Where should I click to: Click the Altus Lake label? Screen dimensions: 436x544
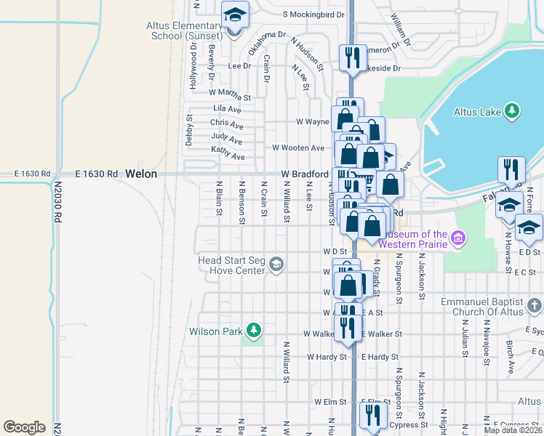tap(477, 111)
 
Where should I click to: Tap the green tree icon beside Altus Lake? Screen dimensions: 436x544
tap(513, 110)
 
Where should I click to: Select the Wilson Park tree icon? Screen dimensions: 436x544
tap(253, 331)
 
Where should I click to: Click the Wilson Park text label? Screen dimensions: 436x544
tap(215, 331)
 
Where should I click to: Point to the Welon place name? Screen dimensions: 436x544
tap(140, 174)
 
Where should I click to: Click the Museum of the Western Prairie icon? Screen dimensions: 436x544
tap(458, 238)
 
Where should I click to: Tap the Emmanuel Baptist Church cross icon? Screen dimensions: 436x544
tap(535, 305)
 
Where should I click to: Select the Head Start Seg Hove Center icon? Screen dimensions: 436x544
tap(276, 265)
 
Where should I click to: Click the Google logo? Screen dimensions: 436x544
tap(24, 427)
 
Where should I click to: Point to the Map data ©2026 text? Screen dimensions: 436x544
tap(513, 430)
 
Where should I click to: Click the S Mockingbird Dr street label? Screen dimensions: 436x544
tap(313, 14)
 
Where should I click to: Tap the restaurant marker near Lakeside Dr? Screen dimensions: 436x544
tap(353, 58)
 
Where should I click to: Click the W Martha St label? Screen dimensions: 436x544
tap(229, 94)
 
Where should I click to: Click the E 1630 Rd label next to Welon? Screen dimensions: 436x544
tap(96, 174)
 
